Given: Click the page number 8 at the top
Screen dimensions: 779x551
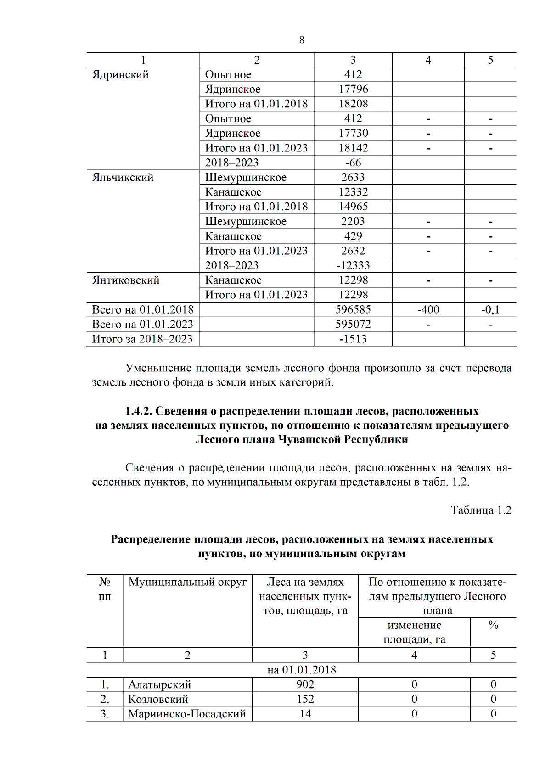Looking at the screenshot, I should (x=301, y=40).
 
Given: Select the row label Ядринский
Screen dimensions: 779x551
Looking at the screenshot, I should (x=120, y=75).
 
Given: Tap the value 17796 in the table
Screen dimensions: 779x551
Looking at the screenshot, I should (x=353, y=89).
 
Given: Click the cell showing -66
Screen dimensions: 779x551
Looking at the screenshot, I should (x=353, y=163).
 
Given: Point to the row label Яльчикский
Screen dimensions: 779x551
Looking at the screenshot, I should (x=123, y=178).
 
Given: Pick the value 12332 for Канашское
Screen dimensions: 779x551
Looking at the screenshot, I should (x=353, y=192).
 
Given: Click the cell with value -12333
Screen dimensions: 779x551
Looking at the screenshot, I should (x=353, y=265).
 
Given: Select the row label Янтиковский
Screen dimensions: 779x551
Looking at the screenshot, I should (x=125, y=280).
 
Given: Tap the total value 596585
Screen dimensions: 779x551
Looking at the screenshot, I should (x=353, y=309).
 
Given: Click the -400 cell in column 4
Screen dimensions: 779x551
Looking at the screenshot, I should (x=428, y=309).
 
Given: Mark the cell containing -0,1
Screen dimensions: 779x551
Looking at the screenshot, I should (x=490, y=309).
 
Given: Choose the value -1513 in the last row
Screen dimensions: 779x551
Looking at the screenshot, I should (x=353, y=339).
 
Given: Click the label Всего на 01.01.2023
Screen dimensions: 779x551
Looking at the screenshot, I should (x=142, y=324).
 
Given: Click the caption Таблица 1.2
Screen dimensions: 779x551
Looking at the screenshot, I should (x=480, y=510).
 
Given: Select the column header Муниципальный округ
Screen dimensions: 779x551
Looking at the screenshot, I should (x=187, y=582).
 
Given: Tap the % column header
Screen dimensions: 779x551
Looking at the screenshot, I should (x=493, y=625).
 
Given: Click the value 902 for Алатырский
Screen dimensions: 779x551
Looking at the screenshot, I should (x=305, y=684).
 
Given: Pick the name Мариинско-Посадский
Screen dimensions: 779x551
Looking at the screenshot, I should (x=187, y=714).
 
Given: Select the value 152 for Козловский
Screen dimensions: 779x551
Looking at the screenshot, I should (x=305, y=699).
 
